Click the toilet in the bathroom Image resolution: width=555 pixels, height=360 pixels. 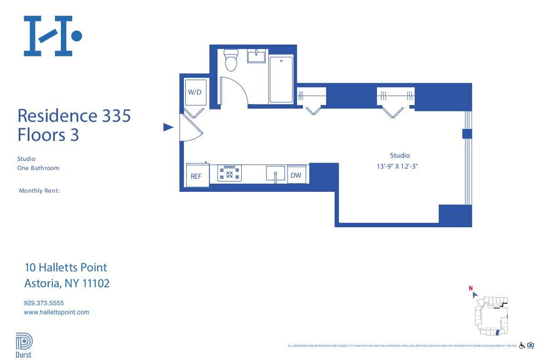pyautogui.click(x=231, y=61)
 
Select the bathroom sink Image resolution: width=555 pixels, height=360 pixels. pyautogui.click(x=257, y=57)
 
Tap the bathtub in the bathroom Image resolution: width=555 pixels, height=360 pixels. pyautogui.click(x=282, y=80)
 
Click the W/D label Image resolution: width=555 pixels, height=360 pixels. pyautogui.click(x=194, y=92)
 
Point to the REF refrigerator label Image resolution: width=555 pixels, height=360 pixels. pyautogui.click(x=196, y=176)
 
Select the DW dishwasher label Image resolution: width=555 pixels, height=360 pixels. pyautogui.click(x=296, y=175)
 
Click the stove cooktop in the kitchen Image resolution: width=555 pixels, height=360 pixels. pyautogui.click(x=229, y=173)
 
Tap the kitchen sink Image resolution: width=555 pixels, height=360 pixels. pyautogui.click(x=275, y=174)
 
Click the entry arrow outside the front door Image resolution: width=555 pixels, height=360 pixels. pyautogui.click(x=168, y=127)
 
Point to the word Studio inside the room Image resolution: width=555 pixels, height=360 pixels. pyautogui.click(x=400, y=155)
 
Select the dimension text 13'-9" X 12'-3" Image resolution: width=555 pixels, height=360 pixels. pyautogui.click(x=397, y=166)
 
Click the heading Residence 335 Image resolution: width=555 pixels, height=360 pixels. pyautogui.click(x=74, y=115)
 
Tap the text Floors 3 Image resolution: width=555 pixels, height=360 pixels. pyautogui.click(x=48, y=135)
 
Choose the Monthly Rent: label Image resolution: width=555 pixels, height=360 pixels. pyautogui.click(x=39, y=191)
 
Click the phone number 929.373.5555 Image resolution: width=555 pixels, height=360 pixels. pyautogui.click(x=44, y=303)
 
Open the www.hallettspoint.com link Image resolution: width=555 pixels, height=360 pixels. pyautogui.click(x=56, y=312)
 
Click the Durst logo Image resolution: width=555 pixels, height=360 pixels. pyautogui.click(x=24, y=346)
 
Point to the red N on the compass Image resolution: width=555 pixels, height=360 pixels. pyautogui.click(x=471, y=288)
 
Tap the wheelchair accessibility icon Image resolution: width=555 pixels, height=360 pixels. pyautogui.click(x=522, y=345)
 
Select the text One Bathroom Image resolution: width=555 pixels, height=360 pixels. pyautogui.click(x=38, y=168)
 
